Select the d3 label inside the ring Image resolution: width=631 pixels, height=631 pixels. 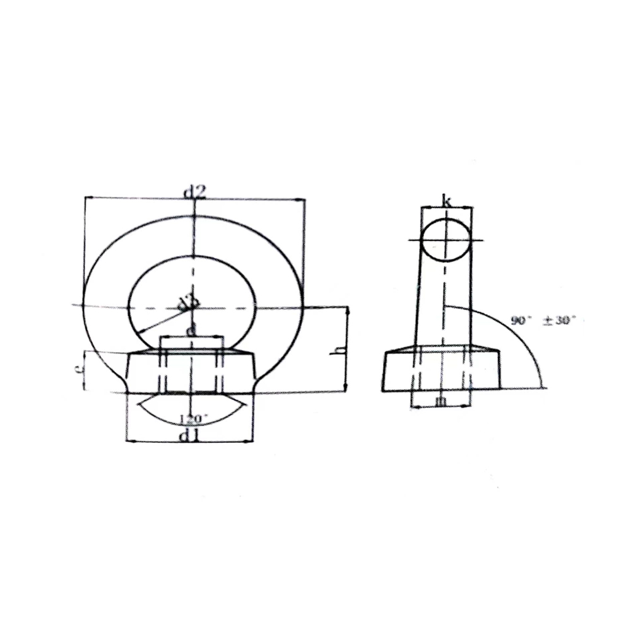point(186,302)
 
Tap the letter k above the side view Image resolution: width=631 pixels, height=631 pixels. point(447,202)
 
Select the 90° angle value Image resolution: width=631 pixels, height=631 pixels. point(521,321)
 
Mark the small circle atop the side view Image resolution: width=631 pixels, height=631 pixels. point(446,240)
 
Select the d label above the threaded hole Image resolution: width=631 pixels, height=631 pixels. point(191,330)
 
